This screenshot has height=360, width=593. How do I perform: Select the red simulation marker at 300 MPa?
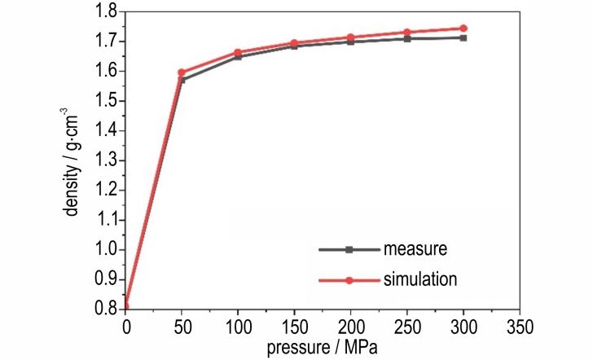463,29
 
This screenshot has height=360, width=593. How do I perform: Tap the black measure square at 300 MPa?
463,37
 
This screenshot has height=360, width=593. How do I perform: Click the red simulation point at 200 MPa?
350,37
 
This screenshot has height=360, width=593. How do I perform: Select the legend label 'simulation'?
420,279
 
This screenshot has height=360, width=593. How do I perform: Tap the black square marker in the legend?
349,248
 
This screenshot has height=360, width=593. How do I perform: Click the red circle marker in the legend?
349,280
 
